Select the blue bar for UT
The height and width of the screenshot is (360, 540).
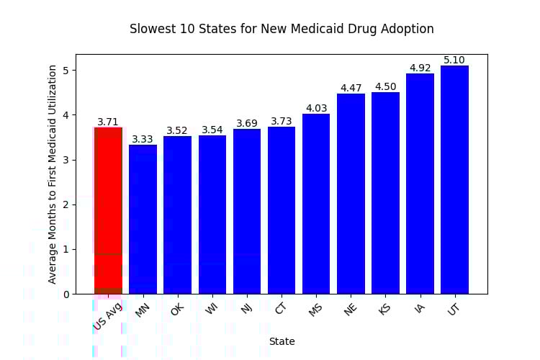click(454, 180)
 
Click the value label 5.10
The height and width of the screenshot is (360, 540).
click(454, 60)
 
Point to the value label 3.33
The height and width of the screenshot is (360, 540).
click(143, 140)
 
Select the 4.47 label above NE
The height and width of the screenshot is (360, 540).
click(351, 89)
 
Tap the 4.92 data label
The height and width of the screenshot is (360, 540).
click(420, 68)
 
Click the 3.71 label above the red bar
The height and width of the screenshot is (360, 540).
click(108, 122)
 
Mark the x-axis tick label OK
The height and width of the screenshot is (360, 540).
click(177, 310)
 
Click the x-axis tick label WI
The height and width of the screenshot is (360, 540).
click(212, 310)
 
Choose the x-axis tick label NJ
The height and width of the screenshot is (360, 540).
click(246, 310)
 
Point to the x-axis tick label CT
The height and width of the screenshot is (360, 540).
click(281, 310)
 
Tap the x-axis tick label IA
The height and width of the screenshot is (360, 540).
click(420, 310)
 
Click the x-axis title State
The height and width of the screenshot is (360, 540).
click(282, 341)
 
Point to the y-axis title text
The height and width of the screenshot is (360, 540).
click(53, 174)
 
